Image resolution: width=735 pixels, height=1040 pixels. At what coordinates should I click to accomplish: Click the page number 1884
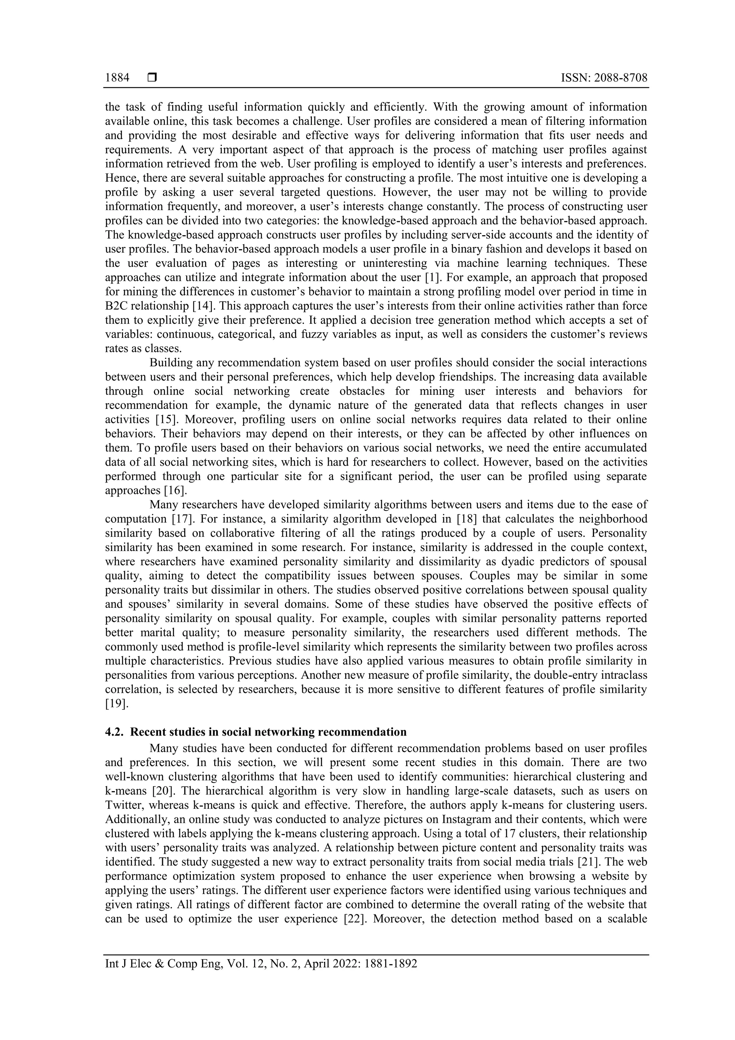point(117,78)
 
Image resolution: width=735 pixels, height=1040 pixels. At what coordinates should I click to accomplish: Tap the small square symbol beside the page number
point(152,78)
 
